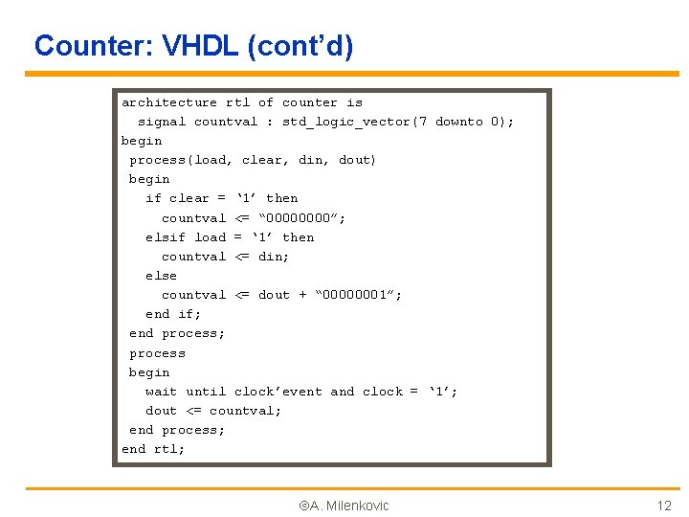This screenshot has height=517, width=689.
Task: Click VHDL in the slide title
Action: (x=203, y=45)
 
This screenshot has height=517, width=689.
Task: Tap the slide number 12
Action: (x=663, y=506)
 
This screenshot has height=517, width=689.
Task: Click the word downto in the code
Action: (x=458, y=122)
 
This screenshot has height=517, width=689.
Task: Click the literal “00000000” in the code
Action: (x=302, y=218)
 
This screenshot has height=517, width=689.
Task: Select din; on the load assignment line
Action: (x=274, y=257)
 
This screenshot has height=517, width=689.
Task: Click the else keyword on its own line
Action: (x=161, y=276)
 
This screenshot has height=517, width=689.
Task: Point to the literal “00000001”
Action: (x=359, y=295)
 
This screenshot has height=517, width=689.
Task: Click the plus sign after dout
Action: (x=302, y=295)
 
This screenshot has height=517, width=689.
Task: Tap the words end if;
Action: (x=173, y=314)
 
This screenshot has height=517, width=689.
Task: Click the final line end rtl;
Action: (x=153, y=449)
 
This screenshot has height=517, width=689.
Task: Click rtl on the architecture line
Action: (x=237, y=102)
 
